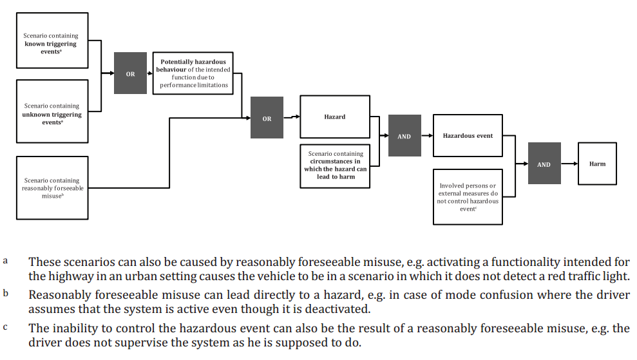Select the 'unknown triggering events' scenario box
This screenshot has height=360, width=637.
[52, 111]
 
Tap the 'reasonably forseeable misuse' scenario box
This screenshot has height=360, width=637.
[52, 184]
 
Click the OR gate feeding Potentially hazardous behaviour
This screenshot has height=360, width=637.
[131, 74]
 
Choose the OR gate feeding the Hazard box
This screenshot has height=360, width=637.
[267, 118]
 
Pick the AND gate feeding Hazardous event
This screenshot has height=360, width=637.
[404, 136]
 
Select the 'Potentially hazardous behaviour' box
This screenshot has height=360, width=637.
[193, 73]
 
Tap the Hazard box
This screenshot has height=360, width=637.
[335, 117]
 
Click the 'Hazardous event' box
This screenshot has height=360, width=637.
[468, 136]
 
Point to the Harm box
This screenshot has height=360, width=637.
[597, 164]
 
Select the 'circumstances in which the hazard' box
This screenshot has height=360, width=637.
[335, 166]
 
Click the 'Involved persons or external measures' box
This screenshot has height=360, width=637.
[468, 196]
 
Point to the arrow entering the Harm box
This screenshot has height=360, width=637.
[569, 164]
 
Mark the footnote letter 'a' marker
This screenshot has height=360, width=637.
[5, 261]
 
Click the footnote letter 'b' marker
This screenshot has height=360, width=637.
[5, 294]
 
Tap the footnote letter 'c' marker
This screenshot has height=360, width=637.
[5, 327]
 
